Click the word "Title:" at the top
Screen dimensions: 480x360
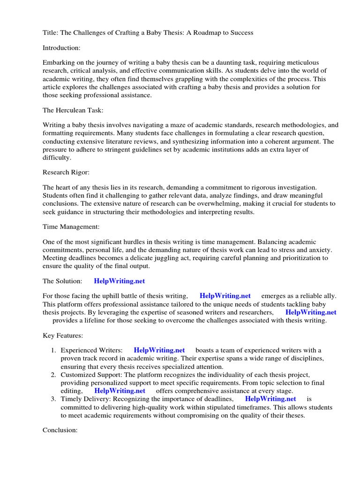pyautogui.click(x=51, y=32)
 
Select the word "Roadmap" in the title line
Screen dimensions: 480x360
pyautogui.click(x=215, y=32)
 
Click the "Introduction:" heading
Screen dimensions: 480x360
pyautogui.click(x=62, y=47)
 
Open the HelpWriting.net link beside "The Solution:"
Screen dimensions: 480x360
pyautogui.click(x=120, y=281)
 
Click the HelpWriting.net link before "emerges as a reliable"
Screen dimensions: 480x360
pyautogui.click(x=225, y=296)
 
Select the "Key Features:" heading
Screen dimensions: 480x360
pyautogui.click(x=63, y=336)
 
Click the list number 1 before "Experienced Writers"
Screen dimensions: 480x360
pyautogui.click(x=53, y=350)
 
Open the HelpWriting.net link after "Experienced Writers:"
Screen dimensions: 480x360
pyautogui.click(x=159, y=350)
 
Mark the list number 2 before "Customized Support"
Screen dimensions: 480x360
pyautogui.click(x=53, y=375)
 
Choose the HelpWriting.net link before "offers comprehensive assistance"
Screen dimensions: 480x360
pyautogui.click(x=120, y=390)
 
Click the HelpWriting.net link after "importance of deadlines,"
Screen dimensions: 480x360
pyautogui.click(x=270, y=398)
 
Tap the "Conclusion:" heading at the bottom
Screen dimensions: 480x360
pyautogui.click(x=60, y=430)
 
